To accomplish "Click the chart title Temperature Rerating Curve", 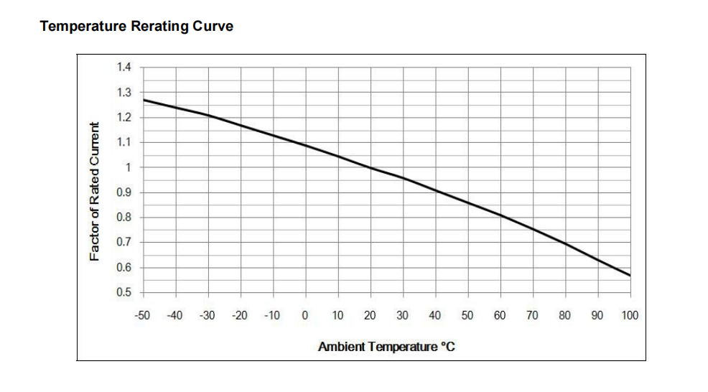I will coord(136,27).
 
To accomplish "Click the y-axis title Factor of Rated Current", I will coord(94,191).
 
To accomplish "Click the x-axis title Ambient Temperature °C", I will coord(387,347).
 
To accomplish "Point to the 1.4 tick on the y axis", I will coord(124,67).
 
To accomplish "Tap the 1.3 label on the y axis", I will coord(124,93).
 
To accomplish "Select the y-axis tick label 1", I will coord(129,167).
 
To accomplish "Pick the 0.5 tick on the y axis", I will coord(124,293).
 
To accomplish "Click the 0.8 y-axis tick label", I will coord(124,218).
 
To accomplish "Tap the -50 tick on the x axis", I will coord(142,315).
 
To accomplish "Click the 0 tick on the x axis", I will coord(305,315).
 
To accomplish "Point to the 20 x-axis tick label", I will coord(371,315).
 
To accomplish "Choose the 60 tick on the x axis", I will coord(500,315).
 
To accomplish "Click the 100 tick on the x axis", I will coord(630,315).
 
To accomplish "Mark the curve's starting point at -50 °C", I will coord(143,100).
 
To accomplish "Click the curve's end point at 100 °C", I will coord(630,276).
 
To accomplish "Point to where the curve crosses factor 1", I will coord(371,168).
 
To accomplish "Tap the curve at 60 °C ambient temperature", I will coord(500,215).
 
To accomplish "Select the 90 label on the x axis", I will coord(598,315).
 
